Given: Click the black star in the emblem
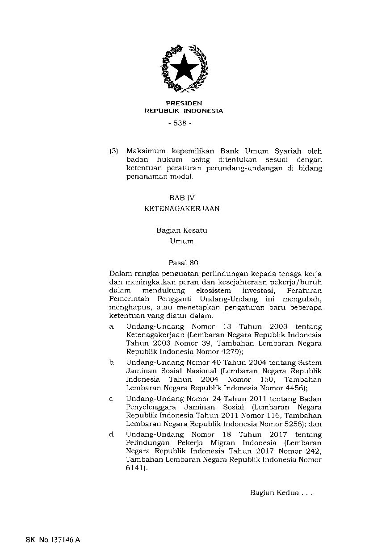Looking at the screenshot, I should point(184,69).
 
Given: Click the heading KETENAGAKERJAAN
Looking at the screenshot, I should point(182,209).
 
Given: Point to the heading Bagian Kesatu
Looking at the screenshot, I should point(181,230).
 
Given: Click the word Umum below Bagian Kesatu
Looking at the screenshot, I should point(181,242).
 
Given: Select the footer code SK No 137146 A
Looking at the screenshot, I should point(52,539).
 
